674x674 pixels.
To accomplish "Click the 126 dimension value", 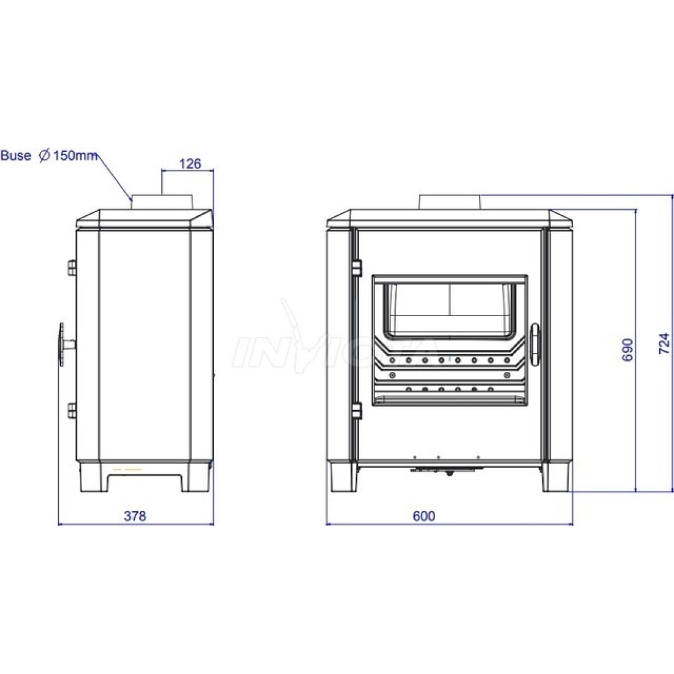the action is coord(190,164).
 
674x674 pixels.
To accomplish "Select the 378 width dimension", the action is coord(135,515).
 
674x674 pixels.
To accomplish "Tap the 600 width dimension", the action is coord(424,515).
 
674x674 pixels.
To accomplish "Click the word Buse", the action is coord(16,155).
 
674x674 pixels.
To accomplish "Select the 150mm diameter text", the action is coord(75,155).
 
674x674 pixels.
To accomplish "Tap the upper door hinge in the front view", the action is coord(357,268).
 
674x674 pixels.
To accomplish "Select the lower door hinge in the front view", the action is coord(357,411).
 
